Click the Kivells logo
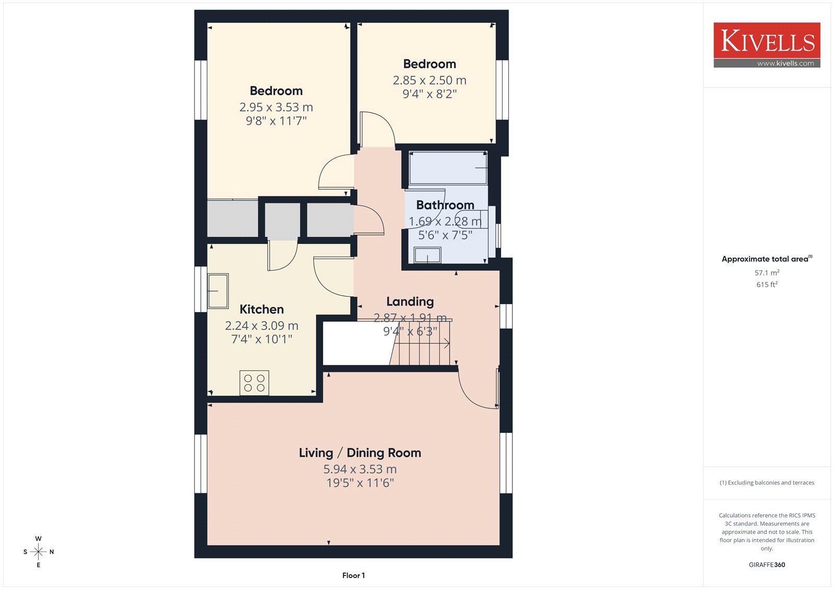[767, 45]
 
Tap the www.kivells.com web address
[785, 63]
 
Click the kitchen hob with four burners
[254, 383]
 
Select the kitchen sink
[218, 291]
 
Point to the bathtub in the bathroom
[448, 168]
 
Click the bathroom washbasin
[427, 255]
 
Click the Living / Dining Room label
[360, 453]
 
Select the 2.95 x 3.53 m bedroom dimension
[276, 107]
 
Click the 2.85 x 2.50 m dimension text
[430, 80]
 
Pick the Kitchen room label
[262, 309]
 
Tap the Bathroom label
[445, 205]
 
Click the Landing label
[410, 302]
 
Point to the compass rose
[39, 552]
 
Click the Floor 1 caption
[354, 575]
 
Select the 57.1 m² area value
[767, 273]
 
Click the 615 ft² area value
[767, 285]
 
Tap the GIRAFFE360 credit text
[767, 565]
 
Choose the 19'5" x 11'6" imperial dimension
[360, 483]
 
